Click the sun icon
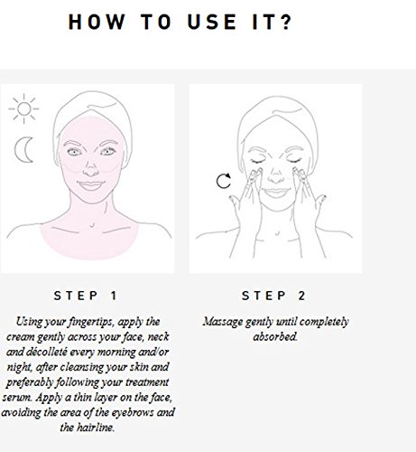23,108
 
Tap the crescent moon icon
22,150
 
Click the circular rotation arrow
224,181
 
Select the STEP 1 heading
85,296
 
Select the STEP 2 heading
273,296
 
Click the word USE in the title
212,22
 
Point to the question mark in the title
286,22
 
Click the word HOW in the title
97,22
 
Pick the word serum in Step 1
17,398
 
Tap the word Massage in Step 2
223,322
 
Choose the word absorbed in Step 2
275,336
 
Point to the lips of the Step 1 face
91,185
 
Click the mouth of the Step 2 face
276,193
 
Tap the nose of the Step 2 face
275,175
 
